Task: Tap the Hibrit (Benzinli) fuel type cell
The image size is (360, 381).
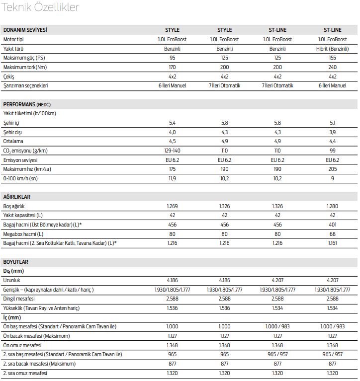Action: [332, 49]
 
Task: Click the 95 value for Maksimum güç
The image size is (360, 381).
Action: [172, 58]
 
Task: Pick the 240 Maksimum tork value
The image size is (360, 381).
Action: [332, 67]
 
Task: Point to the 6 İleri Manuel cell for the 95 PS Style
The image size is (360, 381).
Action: [172, 85]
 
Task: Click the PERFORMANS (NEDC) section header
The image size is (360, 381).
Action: [27, 104]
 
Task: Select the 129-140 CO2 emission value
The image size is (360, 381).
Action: [172, 151]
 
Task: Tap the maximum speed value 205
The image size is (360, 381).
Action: [332, 169]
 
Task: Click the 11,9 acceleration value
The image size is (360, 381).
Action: [172, 178]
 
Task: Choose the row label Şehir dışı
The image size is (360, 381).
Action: [12, 132]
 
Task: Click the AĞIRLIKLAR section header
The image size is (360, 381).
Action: [17, 197]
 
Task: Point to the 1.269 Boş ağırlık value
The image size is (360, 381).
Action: [172, 206]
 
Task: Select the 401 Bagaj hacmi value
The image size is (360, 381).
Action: [332, 225]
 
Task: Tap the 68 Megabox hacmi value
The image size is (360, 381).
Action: [332, 234]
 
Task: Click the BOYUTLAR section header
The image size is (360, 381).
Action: [16, 262]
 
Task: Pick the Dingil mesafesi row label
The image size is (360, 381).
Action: [19, 299]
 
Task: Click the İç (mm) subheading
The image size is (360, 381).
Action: [12, 317]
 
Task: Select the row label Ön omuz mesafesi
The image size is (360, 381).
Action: [22, 345]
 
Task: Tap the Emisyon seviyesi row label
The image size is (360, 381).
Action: [20, 160]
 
